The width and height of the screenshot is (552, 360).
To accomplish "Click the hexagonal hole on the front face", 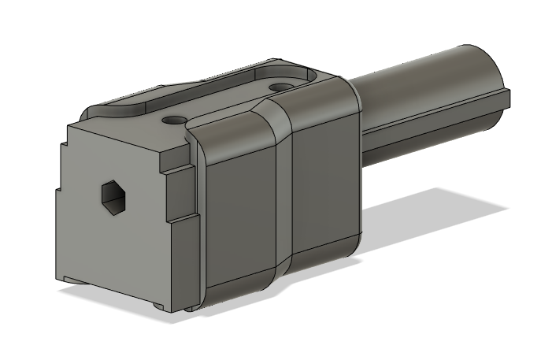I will (114, 195).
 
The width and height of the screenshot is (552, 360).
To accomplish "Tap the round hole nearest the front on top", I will (175, 121).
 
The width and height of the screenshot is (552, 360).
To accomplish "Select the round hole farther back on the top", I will (280, 86).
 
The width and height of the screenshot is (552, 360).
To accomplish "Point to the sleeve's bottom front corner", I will (206, 303).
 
